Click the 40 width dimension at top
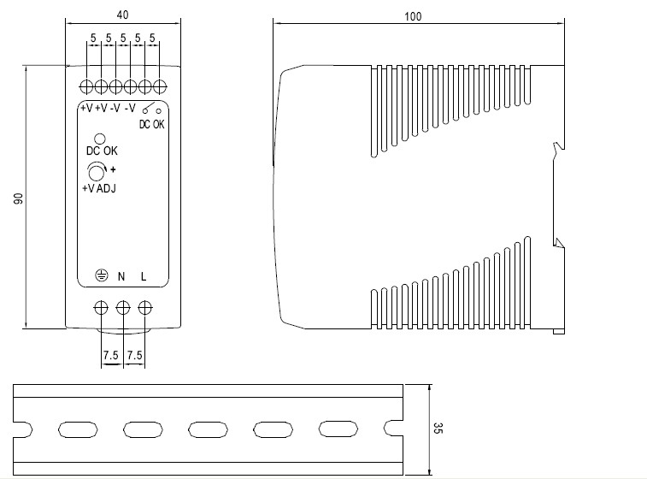pos(122,15)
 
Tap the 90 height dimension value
pos(18,198)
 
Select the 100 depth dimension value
pos(415,15)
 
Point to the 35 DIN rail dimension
pos(438,427)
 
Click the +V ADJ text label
pos(99,189)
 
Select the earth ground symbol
pos(100,275)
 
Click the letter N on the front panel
pos(121,276)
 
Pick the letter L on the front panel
pos(144,276)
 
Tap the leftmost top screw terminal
pos(86,86)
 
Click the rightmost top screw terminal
pos(160,86)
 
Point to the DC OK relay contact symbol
pos(152,110)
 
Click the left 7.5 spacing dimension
pos(111,354)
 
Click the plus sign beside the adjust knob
pos(113,169)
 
